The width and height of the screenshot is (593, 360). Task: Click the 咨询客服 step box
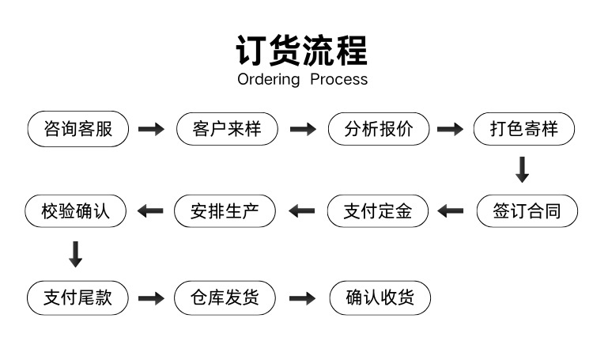pyautogui.click(x=78, y=129)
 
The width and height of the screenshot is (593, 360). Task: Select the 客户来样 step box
pyautogui.click(x=227, y=129)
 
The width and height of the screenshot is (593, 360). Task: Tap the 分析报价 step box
pyautogui.click(x=379, y=129)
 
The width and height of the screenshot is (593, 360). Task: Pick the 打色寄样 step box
pyautogui.click(x=523, y=129)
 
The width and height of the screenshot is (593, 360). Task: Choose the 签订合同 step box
pyautogui.click(x=527, y=210)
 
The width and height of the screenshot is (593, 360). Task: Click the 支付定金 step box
pyautogui.click(x=377, y=210)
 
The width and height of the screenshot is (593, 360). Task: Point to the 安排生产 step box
pyautogui.click(x=225, y=210)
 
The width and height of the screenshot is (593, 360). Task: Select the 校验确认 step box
pyautogui.click(x=75, y=210)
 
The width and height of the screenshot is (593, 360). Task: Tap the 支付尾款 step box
pyautogui.click(x=77, y=298)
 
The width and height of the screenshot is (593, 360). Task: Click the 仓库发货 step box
pyautogui.click(x=225, y=298)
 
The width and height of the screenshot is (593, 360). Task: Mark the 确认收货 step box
pyautogui.click(x=380, y=298)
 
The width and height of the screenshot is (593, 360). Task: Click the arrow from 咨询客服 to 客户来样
pyautogui.click(x=151, y=129)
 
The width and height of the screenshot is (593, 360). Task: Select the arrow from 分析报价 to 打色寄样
pyautogui.click(x=450, y=129)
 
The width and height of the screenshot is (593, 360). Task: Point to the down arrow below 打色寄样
pyautogui.click(x=523, y=169)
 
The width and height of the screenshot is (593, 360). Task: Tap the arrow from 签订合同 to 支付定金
pyautogui.click(x=451, y=210)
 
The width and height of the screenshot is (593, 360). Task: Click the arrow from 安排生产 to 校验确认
pyautogui.click(x=150, y=210)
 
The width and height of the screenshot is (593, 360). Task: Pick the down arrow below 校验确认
pyautogui.click(x=76, y=255)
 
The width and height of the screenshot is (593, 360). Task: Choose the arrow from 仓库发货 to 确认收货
pyautogui.click(x=302, y=298)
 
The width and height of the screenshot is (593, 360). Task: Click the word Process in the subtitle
pyautogui.click(x=339, y=79)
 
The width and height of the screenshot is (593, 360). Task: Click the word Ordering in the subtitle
pyautogui.click(x=269, y=80)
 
